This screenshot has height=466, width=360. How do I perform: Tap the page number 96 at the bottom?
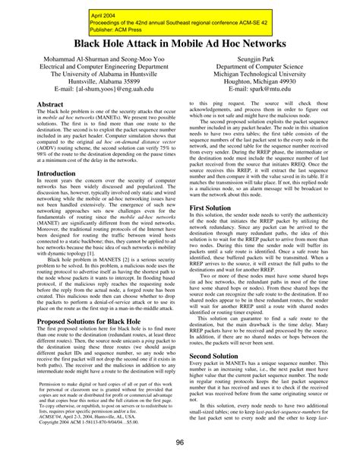coord(180,444)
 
